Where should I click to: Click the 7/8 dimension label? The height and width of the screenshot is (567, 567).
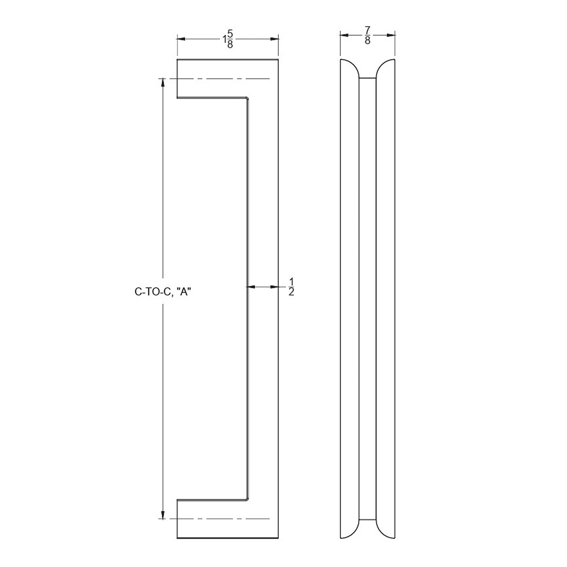367,35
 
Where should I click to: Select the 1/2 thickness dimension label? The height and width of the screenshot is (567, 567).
291,287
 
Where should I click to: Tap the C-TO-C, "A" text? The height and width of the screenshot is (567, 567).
163,292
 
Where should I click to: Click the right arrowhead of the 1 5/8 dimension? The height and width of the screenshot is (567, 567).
274,39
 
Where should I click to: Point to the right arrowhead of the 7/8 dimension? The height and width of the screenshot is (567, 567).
391,35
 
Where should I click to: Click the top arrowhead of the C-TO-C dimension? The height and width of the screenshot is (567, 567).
163,82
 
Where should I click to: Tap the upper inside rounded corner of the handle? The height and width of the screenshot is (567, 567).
247,98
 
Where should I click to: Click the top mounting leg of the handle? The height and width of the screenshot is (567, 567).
211,79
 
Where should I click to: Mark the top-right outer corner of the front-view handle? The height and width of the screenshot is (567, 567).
278,60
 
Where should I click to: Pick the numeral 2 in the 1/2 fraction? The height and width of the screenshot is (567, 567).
291,292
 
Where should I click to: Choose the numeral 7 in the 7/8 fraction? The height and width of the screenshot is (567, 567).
367,30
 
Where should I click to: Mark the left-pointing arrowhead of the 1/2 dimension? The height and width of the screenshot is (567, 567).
250,287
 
